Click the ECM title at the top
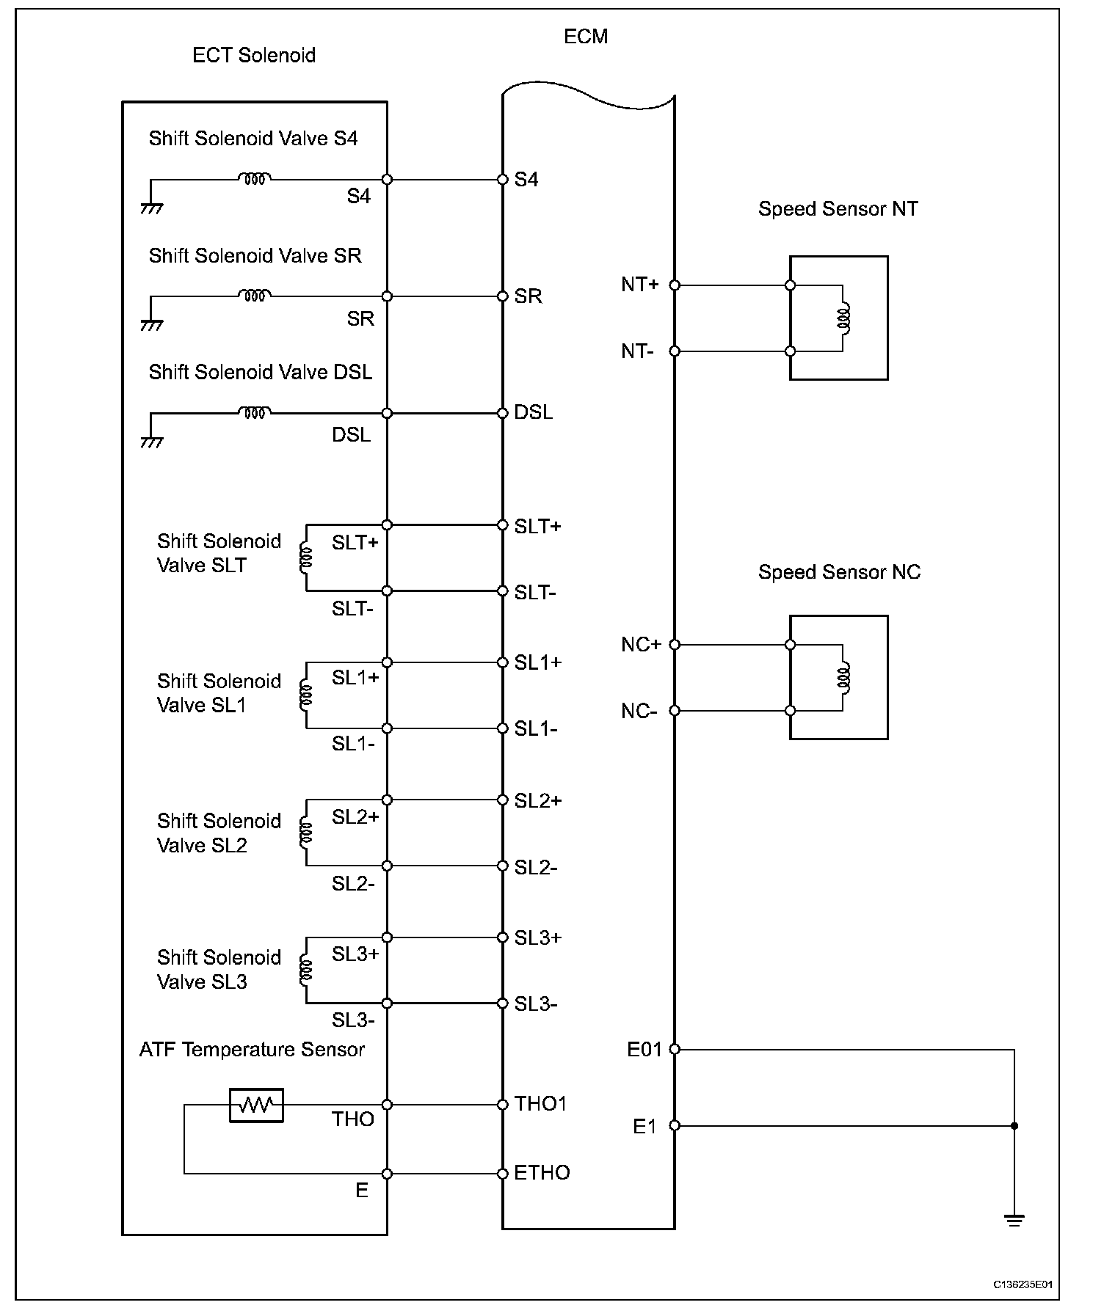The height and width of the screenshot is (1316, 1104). coord(585,37)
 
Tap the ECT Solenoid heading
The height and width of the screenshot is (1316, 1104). coord(253,56)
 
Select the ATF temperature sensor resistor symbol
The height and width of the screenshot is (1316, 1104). coord(256,1105)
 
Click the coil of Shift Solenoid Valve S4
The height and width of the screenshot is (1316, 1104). coord(254,178)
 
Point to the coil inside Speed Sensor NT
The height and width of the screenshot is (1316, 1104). coord(844,318)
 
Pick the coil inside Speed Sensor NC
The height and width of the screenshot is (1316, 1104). coord(844,677)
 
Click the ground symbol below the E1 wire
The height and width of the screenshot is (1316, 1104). coord(1014,1221)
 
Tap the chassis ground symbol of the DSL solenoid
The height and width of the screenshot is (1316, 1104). coord(151,442)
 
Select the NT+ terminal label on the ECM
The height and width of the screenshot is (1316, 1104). coord(639,285)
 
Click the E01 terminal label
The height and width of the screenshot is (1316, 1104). coord(644,1050)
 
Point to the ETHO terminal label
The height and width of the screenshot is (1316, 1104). coord(542,1173)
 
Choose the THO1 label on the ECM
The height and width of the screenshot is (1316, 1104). coord(540,1104)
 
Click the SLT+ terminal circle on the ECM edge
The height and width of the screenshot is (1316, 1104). coord(503,525)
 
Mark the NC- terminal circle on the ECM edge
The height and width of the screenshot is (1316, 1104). coord(675,711)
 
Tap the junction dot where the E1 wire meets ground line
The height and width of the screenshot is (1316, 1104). coord(1014,1126)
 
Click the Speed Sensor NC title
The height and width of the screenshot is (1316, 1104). coord(839,572)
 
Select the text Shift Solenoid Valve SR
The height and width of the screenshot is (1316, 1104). coord(255,255)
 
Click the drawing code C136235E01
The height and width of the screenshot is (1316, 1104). coord(1023,1284)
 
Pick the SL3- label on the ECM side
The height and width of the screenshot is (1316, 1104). coord(535,1004)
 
